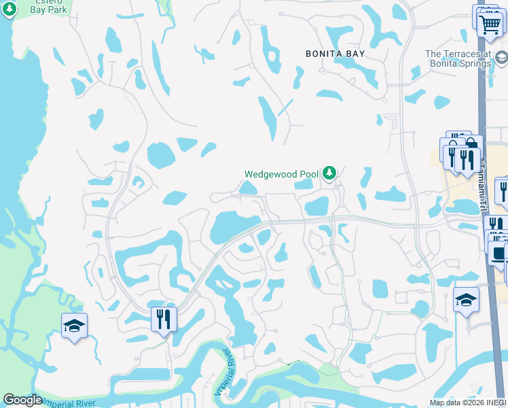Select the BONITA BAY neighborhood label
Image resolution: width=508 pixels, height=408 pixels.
tap(335, 53)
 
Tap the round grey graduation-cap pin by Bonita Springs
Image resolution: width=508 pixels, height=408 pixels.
tap(501, 59)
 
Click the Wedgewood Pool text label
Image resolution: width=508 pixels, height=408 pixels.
tap(281, 174)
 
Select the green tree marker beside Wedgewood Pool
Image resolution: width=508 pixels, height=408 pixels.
tap(329, 174)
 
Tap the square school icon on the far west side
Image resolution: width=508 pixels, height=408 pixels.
tap(74, 326)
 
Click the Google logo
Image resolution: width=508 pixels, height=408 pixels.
tap(23, 400)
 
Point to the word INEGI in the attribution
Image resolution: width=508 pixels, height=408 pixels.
tap(493, 402)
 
